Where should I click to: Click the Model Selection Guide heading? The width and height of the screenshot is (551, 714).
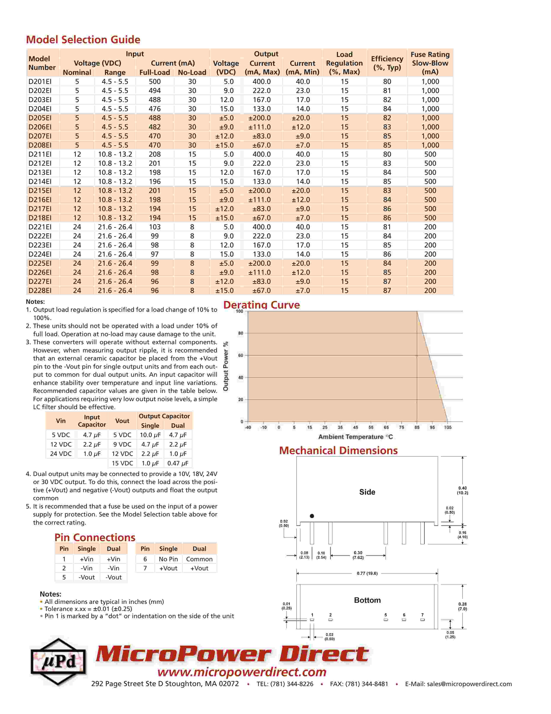[83, 40]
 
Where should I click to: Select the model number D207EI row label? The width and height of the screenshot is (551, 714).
[40, 136]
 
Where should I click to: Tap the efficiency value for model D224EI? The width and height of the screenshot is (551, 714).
[387, 254]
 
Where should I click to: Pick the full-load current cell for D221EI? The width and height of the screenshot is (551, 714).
[155, 227]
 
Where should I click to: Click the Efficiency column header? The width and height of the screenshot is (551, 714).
[387, 63]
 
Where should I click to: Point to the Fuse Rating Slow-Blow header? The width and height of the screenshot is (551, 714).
[430, 63]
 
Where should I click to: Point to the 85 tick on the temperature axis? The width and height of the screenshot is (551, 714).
[417, 427]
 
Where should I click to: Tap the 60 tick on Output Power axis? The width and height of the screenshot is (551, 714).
[240, 355]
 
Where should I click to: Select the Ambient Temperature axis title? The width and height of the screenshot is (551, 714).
[355, 437]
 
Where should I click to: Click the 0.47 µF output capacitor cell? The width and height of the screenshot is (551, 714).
[178, 463]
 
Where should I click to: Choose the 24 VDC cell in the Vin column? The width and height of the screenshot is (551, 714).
[61, 454]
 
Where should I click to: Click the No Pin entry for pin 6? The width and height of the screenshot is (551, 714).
[168, 559]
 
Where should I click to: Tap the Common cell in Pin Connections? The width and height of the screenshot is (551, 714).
[199, 559]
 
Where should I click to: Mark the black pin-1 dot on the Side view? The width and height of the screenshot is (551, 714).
[312, 516]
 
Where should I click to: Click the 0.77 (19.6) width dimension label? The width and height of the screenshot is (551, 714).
[367, 573]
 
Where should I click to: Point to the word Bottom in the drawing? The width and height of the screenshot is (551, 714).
[367, 600]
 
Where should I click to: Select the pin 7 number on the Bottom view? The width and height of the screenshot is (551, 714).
[422, 615]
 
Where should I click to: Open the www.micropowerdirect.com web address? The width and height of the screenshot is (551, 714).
[242, 672]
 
